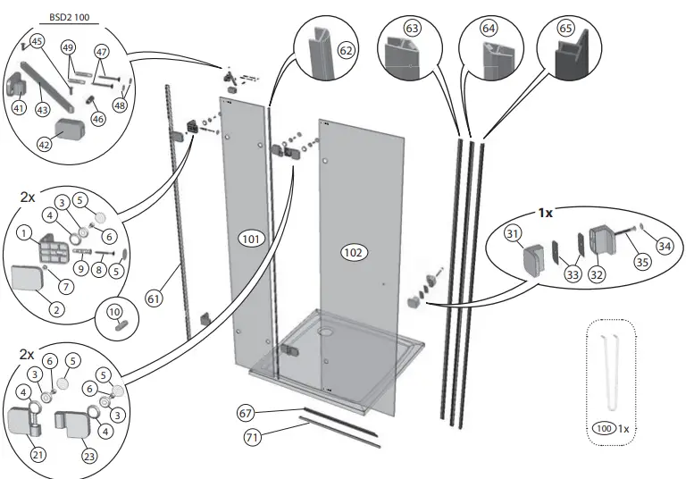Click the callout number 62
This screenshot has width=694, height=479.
347,51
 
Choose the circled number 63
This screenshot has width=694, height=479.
412,29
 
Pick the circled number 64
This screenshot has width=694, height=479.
489,29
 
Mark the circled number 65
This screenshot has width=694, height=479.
565,29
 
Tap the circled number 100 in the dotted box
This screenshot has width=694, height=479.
605,429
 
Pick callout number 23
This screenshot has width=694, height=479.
88,455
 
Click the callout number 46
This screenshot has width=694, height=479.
97,117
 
